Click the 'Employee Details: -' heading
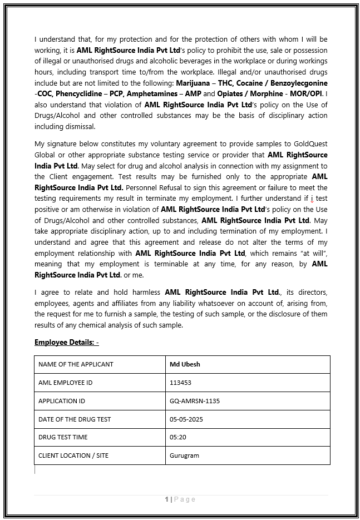(x=67, y=342)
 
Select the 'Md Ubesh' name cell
(x=185, y=364)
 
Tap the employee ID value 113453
(x=180, y=383)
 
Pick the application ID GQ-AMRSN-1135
(x=194, y=401)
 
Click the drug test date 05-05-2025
(x=186, y=419)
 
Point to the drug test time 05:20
(x=178, y=437)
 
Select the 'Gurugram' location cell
(x=184, y=455)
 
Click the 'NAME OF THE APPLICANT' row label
(x=76, y=364)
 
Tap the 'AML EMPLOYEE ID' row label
(x=65, y=383)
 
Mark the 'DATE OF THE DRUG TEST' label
(x=75, y=419)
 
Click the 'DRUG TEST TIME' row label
(x=63, y=437)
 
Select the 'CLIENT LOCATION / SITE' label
(x=73, y=455)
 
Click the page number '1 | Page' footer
(x=180, y=499)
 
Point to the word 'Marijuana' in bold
(x=193, y=83)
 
